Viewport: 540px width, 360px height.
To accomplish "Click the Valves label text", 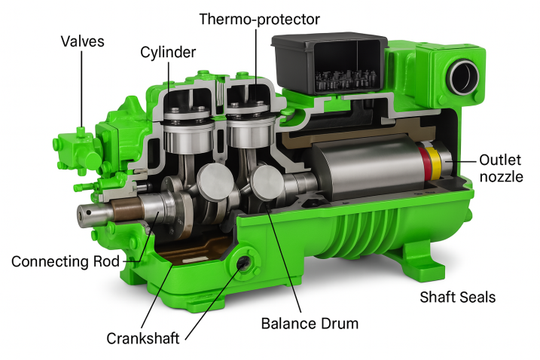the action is point(82,41).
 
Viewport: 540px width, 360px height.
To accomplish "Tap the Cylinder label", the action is point(168,53).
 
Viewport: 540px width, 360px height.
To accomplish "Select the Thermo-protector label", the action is point(260,20).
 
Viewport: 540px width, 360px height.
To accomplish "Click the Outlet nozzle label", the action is point(501,168).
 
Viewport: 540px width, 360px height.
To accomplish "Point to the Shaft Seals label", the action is point(458,297).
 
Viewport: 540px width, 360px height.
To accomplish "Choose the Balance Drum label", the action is point(310,324).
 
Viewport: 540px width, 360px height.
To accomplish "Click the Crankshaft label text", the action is point(143,339).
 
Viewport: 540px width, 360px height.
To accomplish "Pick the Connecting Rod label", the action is point(66,261).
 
